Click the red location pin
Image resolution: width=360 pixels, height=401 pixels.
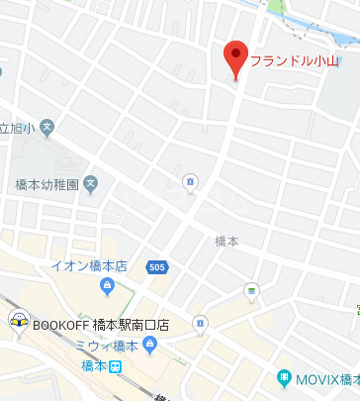pyautogui.click(x=234, y=59)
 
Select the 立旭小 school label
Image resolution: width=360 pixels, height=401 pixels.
pyautogui.click(x=17, y=128)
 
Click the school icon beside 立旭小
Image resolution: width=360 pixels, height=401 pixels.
pyautogui.click(x=47, y=127)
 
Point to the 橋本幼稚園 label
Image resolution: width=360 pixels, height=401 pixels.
pyautogui.click(x=46, y=183)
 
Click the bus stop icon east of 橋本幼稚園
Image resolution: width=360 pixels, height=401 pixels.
pyautogui.click(x=191, y=180)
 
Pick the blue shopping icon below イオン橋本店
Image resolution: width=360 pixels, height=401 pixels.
pyautogui.click(x=108, y=287)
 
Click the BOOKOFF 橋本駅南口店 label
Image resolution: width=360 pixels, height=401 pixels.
pyautogui.click(x=101, y=325)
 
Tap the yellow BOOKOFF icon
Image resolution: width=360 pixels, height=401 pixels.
pyautogui.click(x=17, y=320)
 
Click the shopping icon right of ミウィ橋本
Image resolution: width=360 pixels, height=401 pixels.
pyautogui.click(x=149, y=346)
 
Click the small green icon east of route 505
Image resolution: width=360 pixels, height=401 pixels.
pyautogui.click(x=251, y=290)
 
